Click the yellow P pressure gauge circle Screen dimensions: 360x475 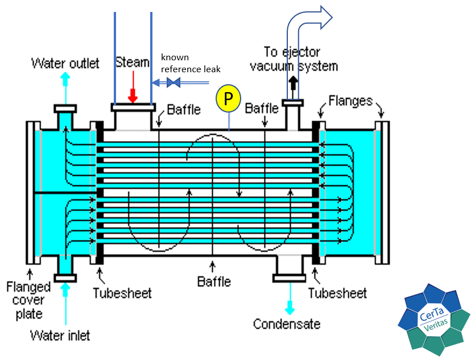pos(228,99)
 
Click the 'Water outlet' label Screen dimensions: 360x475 pos(65,63)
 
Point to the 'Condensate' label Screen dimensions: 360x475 pos(287,324)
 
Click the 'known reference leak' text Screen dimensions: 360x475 pos(190,64)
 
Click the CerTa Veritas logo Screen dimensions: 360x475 pos(435,320)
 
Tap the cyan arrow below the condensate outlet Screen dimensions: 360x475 pos(291,304)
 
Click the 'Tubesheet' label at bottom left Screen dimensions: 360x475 pos(122,293)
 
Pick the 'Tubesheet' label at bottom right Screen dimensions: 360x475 pos(337,293)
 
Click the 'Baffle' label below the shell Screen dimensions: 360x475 pos(214,281)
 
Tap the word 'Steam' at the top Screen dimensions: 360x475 pos(132,62)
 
